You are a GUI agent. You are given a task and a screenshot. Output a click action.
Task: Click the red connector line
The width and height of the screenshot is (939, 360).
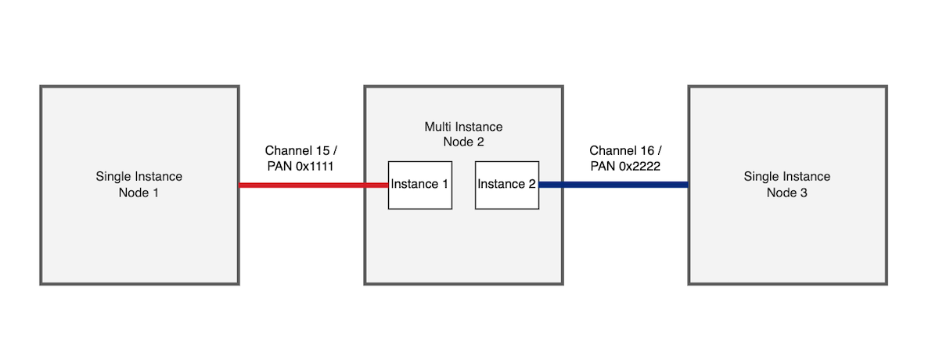pos(313,185)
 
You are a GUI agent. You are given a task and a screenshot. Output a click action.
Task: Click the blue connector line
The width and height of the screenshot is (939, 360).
pos(613,185)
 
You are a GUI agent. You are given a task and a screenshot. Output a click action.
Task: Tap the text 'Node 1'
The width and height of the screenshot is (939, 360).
pos(139,193)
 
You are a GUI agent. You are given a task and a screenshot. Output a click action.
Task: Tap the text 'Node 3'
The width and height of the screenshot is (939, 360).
pos(787,193)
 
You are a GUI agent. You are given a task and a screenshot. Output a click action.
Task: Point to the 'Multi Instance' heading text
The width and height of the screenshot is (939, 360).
pos(463,127)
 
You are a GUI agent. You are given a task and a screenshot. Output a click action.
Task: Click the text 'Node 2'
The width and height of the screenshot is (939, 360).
pos(463,142)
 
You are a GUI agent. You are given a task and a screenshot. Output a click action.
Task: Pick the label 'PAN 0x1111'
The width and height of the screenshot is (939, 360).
pos(301,165)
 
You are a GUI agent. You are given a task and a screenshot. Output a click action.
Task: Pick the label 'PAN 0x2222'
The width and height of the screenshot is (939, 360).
pos(626,165)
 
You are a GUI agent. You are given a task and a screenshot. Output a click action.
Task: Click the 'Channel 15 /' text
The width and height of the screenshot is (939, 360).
pos(301,150)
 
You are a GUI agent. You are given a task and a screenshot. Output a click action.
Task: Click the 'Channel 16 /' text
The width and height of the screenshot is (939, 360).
pos(626,150)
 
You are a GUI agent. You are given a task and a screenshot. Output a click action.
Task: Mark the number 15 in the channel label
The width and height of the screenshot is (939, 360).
pos(324,150)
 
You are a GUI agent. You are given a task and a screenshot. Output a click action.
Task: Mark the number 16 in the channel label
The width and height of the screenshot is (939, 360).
pos(649,150)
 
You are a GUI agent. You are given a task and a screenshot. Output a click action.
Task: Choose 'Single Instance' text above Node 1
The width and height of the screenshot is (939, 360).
pos(139,177)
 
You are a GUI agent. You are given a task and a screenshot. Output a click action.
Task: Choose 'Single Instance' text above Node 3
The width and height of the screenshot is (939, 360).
pos(787,177)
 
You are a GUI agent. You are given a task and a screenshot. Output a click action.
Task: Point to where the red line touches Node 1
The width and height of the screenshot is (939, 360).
pos(239,185)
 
